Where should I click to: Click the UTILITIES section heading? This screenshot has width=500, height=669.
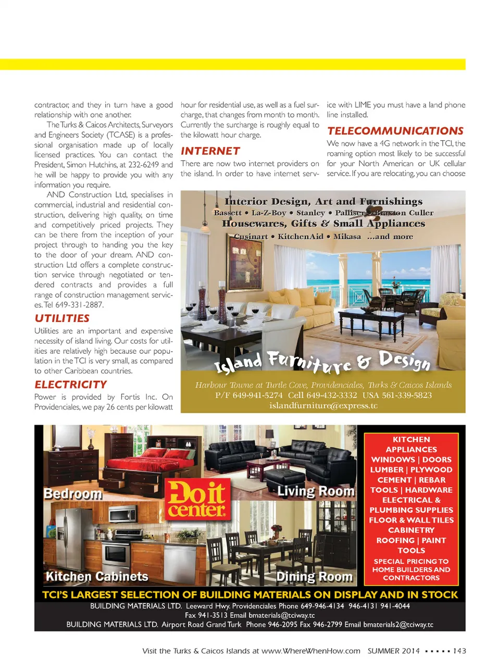(x=62, y=318)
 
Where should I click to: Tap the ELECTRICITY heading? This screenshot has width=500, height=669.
(x=71, y=385)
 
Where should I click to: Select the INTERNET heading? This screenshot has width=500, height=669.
(x=210, y=151)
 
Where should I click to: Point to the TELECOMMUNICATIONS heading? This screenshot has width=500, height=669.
(x=395, y=131)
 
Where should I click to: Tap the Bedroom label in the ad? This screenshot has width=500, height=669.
(x=73, y=493)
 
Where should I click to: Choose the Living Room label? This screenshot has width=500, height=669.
(x=316, y=491)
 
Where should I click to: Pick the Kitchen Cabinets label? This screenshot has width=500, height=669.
(x=97, y=576)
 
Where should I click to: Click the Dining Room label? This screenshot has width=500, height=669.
(x=315, y=577)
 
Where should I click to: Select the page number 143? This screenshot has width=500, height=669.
(x=459, y=651)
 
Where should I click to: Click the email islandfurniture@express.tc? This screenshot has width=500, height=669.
(x=323, y=405)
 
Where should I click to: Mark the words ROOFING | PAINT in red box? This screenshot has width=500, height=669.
(x=411, y=540)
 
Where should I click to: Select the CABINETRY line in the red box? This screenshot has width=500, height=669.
(x=411, y=530)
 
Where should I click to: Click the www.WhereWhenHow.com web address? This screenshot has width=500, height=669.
(x=310, y=651)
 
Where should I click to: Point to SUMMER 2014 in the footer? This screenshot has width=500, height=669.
(x=393, y=651)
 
